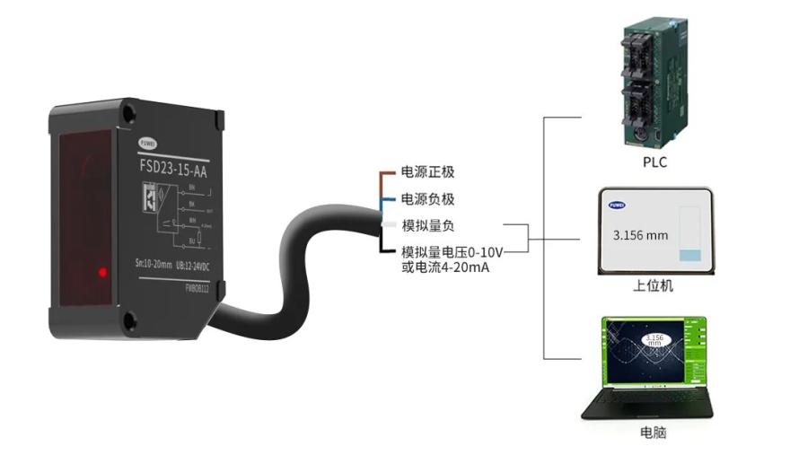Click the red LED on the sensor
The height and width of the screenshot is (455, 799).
coord(103,271)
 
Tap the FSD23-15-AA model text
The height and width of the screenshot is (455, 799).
coord(179,165)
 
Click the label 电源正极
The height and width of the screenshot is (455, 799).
coord(434,172)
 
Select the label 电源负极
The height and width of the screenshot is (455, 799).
coord(434,199)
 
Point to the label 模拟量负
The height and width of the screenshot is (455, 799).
coord(427,226)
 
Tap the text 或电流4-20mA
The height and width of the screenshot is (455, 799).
coord(445,267)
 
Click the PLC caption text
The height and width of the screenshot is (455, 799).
coord(654,162)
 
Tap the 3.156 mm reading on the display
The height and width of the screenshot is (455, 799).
coord(640,236)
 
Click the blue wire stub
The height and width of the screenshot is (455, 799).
coord(388,199)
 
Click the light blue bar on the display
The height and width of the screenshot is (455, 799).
coord(689,255)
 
